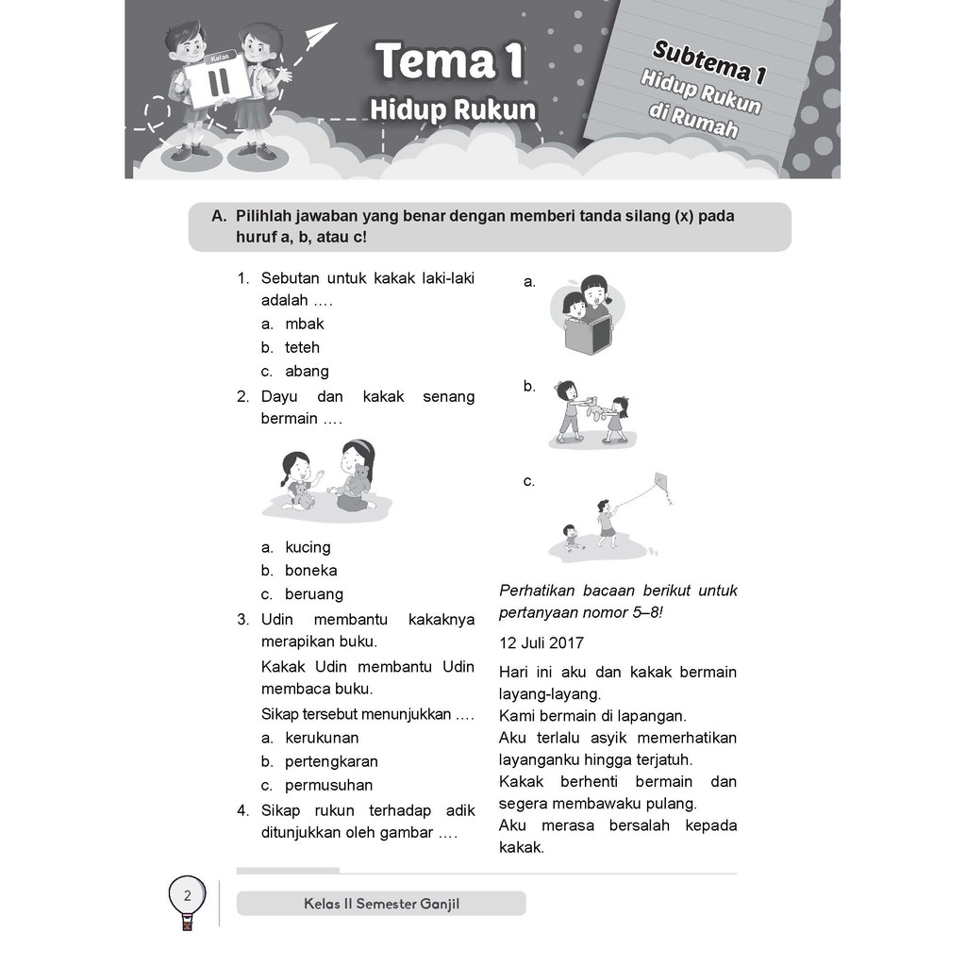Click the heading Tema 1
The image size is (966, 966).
click(x=449, y=63)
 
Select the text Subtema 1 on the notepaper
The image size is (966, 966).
click(x=702, y=62)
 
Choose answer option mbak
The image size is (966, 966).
click(x=304, y=324)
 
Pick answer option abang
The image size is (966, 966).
click(x=307, y=371)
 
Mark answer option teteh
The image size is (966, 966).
click(x=302, y=347)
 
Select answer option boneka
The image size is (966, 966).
click(x=310, y=570)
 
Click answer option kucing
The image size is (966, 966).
click(x=308, y=546)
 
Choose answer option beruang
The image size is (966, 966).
click(x=314, y=593)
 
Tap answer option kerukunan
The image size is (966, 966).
click(x=322, y=737)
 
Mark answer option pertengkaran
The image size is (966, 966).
click(x=331, y=760)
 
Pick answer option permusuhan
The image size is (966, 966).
click(x=328, y=784)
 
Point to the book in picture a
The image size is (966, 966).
click(x=588, y=336)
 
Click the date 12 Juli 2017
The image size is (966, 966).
click(x=541, y=642)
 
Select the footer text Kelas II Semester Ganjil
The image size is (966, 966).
click(x=381, y=903)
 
